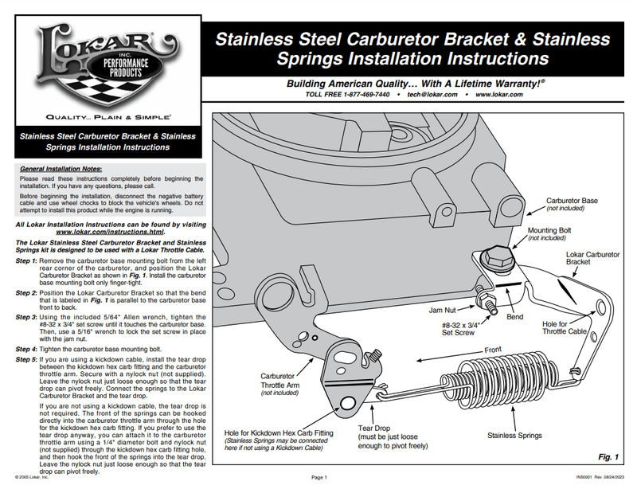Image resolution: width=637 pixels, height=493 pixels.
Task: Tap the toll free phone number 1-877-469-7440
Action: click(366, 95)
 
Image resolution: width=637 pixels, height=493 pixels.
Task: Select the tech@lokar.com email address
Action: click(432, 95)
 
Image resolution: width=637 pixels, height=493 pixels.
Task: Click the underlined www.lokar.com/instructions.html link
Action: click(110, 232)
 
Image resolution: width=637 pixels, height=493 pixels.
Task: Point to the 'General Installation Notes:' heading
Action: click(61, 169)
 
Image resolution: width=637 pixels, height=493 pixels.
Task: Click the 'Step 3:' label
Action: click(26, 317)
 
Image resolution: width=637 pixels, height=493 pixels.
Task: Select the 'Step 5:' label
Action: click(26, 360)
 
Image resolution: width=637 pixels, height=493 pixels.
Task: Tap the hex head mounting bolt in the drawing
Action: click(497, 258)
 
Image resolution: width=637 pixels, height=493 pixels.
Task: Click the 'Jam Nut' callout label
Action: click(443, 310)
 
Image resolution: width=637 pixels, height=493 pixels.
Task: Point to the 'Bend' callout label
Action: click(514, 317)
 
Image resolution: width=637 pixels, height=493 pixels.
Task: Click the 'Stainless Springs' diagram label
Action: click(514, 436)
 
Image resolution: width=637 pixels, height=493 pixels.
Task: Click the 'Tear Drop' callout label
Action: click(373, 428)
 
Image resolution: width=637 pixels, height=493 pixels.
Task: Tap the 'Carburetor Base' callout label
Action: click(572, 201)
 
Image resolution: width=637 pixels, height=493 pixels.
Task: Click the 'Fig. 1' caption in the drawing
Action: click(608, 457)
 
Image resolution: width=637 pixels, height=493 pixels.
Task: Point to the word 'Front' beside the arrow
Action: click(493, 350)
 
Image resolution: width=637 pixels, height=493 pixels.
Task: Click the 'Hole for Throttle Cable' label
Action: click(565, 327)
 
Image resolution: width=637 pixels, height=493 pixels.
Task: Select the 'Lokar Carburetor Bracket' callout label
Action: click(592, 258)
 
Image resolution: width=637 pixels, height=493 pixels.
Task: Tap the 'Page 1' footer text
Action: click(319, 478)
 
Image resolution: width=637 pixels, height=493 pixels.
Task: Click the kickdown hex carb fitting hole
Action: click(347, 404)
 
